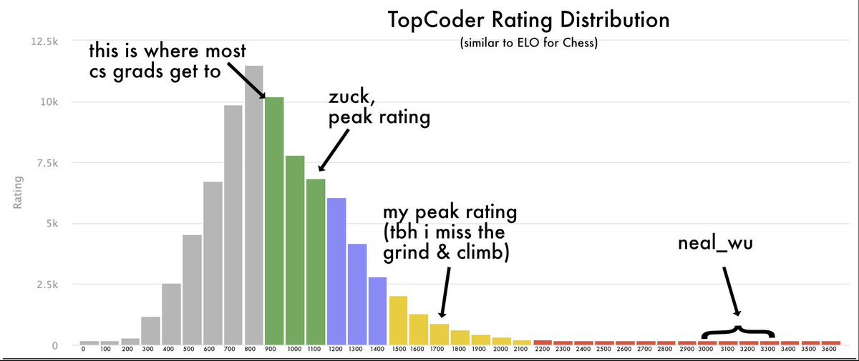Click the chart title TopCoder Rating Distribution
[x=529, y=19]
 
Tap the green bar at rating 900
[x=274, y=221]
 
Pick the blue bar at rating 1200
[x=336, y=272]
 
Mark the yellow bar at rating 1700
[x=440, y=334]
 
